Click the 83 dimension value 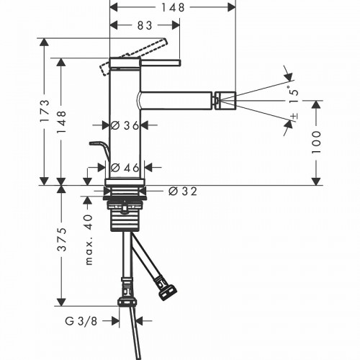point(145,25)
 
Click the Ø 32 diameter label point(183,192)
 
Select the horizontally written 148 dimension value point(171,7)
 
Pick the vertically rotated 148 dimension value point(63,119)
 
